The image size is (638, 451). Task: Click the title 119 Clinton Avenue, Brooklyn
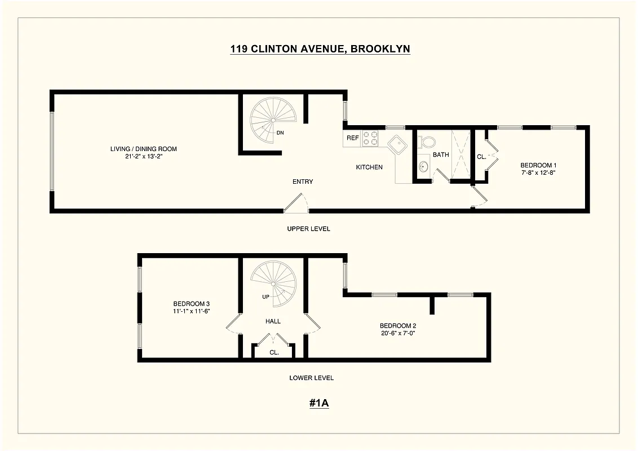tap(320, 49)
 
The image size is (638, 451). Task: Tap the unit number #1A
tap(319, 403)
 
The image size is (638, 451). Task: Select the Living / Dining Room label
tap(144, 149)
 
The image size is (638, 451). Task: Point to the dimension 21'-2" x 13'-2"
tap(144, 157)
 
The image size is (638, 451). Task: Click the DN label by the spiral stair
tap(280, 133)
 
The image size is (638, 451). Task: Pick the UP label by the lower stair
tap(265, 297)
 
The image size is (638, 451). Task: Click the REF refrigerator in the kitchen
tap(352, 138)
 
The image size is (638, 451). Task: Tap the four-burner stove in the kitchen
tap(370, 139)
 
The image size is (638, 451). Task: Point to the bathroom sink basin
tap(423, 167)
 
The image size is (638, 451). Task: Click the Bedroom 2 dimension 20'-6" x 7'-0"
tap(398, 333)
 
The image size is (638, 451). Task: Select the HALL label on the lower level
tap(273, 321)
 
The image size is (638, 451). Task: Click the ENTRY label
tap(303, 182)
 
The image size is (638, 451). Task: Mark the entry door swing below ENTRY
tap(296, 203)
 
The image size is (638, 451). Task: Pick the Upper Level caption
tap(308, 229)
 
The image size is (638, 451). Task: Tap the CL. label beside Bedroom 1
tap(481, 157)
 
